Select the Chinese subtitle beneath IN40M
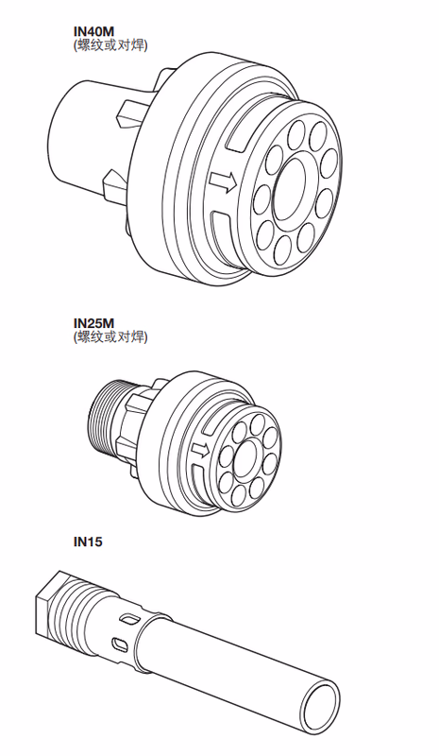[x=110, y=44]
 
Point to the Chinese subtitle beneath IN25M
[x=110, y=337]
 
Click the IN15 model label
[x=88, y=541]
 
